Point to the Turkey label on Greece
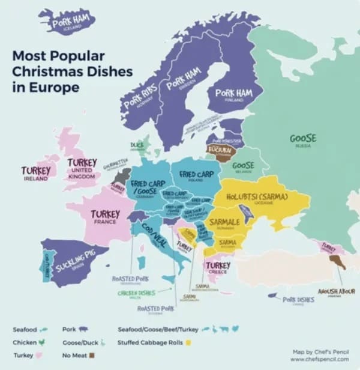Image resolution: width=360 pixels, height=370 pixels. coord(218,265)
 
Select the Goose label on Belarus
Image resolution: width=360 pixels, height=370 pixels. coord(243,165)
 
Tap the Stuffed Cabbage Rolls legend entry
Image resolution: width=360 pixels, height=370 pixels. coord(151,342)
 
